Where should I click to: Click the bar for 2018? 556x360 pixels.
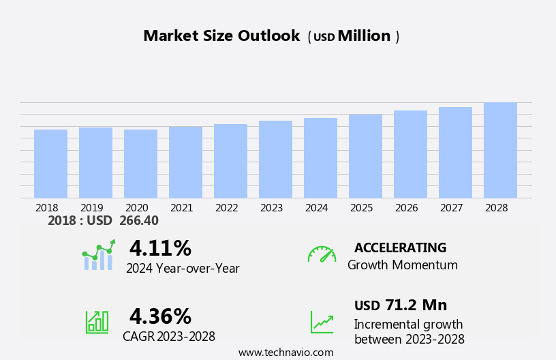[x=50, y=164]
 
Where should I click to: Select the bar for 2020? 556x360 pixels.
[x=140, y=164]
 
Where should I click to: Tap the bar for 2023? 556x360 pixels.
[x=275, y=160]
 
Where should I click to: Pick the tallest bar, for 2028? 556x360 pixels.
[x=500, y=150]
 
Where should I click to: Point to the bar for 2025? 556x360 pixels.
[x=365, y=156]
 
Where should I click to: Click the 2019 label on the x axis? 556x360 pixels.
[x=92, y=208]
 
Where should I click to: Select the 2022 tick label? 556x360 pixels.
[x=226, y=208]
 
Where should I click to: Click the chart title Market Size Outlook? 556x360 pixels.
[x=221, y=36]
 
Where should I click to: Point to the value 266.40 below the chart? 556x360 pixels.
[x=138, y=221]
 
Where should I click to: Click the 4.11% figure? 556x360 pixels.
[x=160, y=248]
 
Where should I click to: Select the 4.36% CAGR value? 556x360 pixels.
[x=160, y=316]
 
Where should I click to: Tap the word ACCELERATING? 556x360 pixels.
[x=400, y=248]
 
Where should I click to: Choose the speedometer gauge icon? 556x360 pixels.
[x=322, y=254]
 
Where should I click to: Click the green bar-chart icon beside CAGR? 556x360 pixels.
[x=97, y=321]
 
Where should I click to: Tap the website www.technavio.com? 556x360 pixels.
[x=285, y=352]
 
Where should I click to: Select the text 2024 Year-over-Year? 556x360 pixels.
[x=183, y=269]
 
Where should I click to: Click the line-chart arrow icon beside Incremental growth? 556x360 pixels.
[x=322, y=322]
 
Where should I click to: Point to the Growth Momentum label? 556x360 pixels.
[x=402, y=265]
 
